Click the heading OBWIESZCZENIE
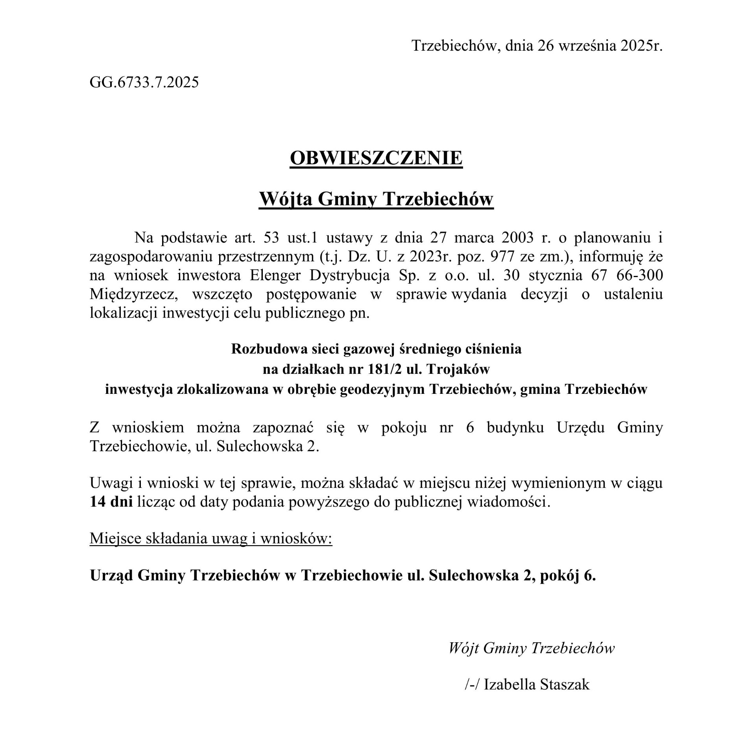pyautogui.click(x=376, y=158)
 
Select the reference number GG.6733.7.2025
pyautogui.click(x=144, y=83)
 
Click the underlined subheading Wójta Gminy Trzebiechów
pyautogui.click(x=376, y=199)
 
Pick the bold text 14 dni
pyautogui.click(x=111, y=502)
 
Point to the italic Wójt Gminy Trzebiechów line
pyautogui.click(x=531, y=648)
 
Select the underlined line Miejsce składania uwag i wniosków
pyautogui.click(x=211, y=538)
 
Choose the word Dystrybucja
pyautogui.click(x=350, y=275)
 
